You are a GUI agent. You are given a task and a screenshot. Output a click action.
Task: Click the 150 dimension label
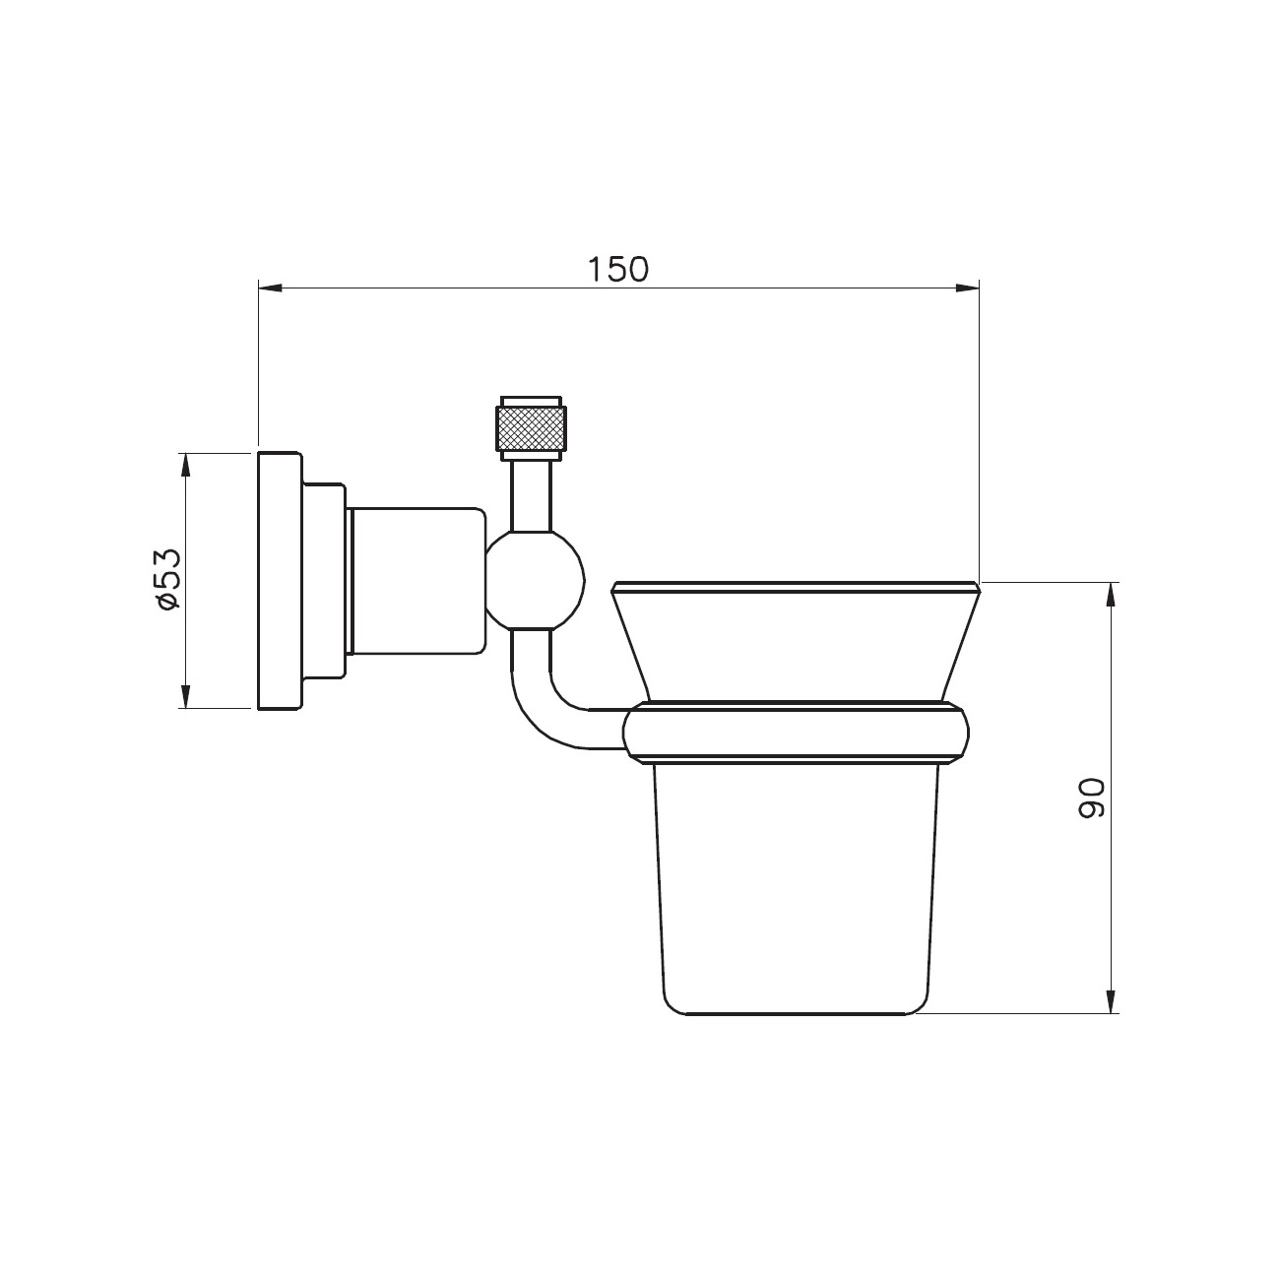617,269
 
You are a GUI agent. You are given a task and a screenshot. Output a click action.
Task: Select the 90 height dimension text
1091,798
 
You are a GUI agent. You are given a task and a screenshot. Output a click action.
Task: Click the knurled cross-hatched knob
532,428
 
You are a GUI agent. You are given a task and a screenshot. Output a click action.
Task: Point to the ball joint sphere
536,581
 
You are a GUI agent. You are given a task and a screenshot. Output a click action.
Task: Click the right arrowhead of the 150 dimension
967,288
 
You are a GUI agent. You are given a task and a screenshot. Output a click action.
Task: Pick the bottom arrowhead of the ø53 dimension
186,696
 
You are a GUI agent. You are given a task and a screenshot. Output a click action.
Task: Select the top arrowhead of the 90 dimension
1110,595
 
